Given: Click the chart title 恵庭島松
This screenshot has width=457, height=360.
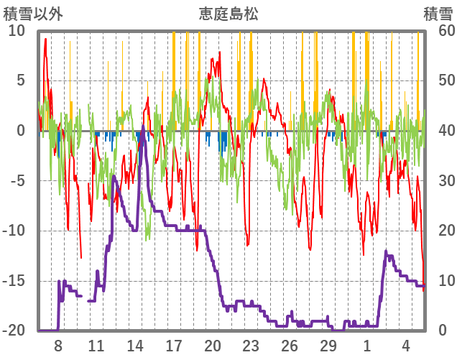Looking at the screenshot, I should [x=228, y=14].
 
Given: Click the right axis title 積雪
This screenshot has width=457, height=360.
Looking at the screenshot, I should [x=438, y=14].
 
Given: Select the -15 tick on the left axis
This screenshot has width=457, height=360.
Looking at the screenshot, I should [x=14, y=281].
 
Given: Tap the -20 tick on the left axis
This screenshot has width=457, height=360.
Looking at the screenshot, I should [x=14, y=331].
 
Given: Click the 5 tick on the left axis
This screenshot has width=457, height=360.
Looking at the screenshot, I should [x=21, y=80].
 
